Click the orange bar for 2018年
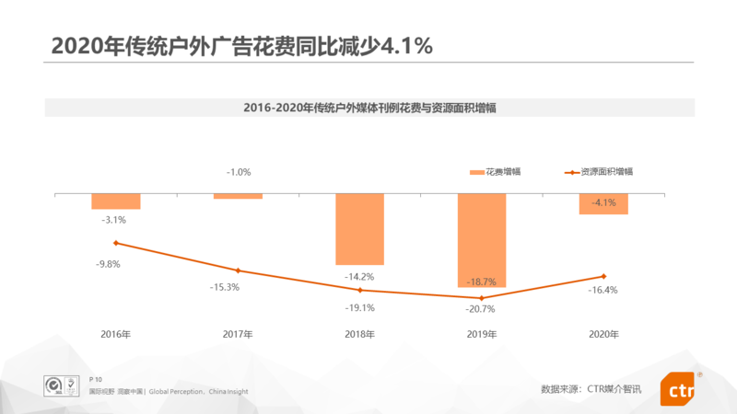pos(359,229)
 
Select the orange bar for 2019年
pos(482,240)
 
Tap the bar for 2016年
pos(116,201)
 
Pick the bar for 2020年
pos(603,204)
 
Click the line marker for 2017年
pos(238,270)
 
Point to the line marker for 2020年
pos(603,276)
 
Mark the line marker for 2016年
pos(116,243)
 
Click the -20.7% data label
pos(481,309)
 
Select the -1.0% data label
pos(238,172)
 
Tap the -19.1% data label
pos(359,308)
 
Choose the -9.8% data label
pos(108,264)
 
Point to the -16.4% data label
pos(603,290)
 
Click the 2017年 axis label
pos(238,335)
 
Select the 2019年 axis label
pos(481,335)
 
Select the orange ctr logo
pos(677,390)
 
